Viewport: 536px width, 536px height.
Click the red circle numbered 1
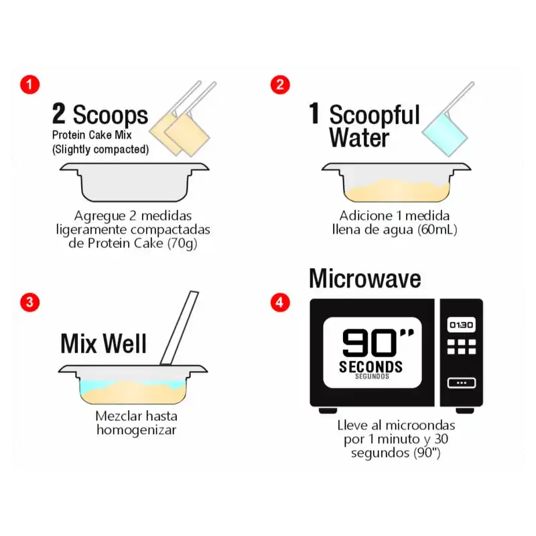click(29, 85)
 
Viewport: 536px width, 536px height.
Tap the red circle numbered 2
click(280, 85)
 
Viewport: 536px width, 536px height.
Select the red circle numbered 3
click(29, 302)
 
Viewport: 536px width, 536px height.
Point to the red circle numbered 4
click(280, 302)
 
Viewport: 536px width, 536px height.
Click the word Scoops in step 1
click(111, 115)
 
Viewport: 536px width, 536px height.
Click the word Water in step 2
click(359, 137)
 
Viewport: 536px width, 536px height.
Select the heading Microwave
click(365, 279)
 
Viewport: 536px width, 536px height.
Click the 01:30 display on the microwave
click(461, 325)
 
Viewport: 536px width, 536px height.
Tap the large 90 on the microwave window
click(369, 343)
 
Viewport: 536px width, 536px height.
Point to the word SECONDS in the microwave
click(371, 366)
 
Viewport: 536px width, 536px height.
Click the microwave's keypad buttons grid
click(462, 346)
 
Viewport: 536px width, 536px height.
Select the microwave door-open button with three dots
click(462, 383)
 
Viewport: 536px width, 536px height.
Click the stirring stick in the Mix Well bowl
click(180, 328)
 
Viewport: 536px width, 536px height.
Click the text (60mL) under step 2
click(438, 229)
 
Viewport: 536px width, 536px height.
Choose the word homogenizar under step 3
click(137, 430)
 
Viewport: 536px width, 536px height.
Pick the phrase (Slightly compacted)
click(100, 149)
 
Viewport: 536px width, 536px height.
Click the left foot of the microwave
click(328, 410)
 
